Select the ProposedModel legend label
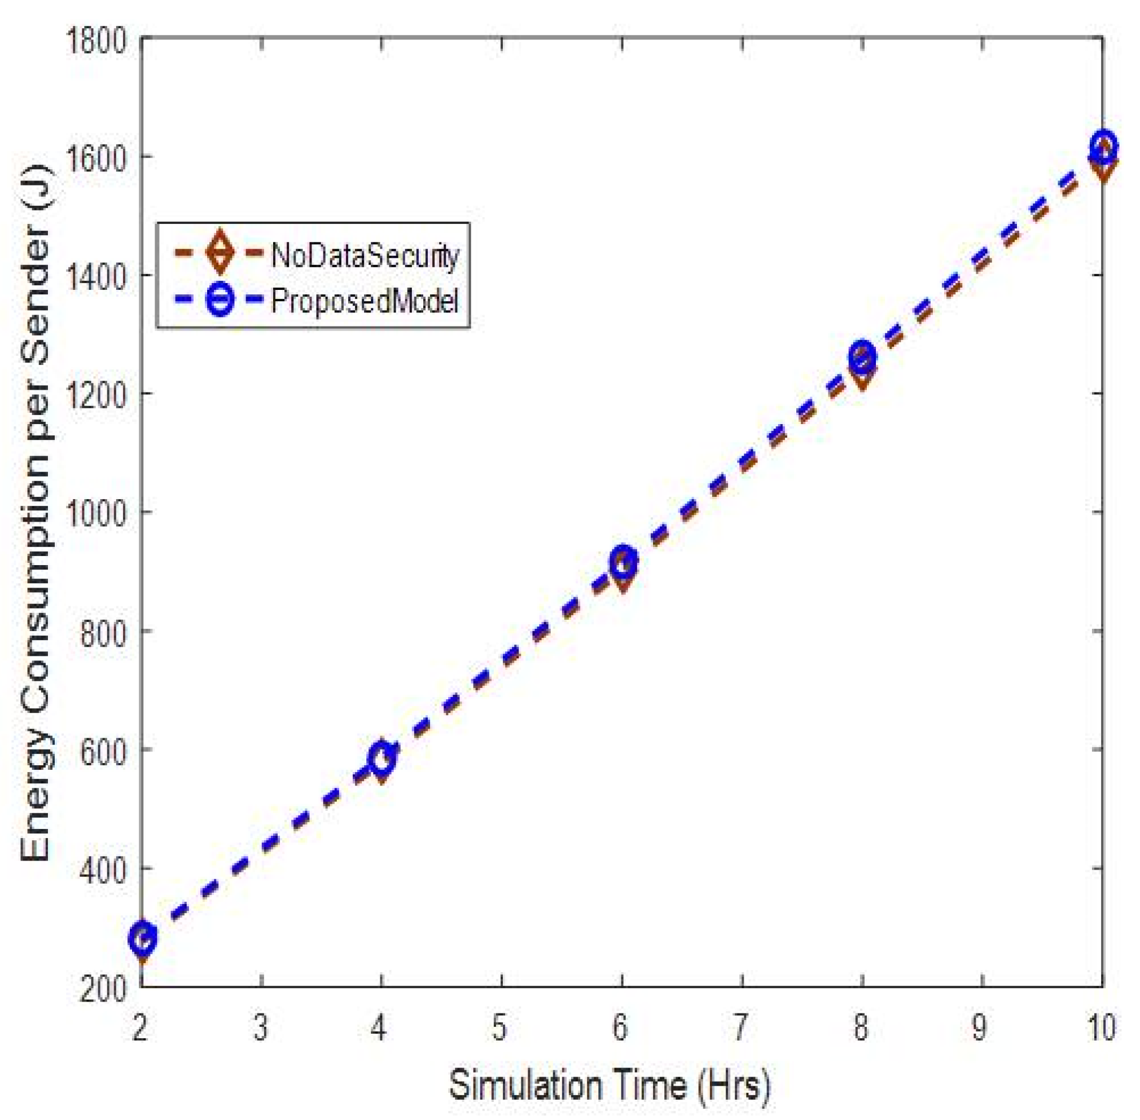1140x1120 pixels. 365,302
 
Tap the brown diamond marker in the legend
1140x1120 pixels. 219,252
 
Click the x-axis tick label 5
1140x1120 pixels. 499,1028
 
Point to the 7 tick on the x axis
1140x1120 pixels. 740,1028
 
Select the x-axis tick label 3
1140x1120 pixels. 261,1028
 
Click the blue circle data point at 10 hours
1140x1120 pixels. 1102,147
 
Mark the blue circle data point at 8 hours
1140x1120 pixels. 861,356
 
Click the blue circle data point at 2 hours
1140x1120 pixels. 143,939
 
